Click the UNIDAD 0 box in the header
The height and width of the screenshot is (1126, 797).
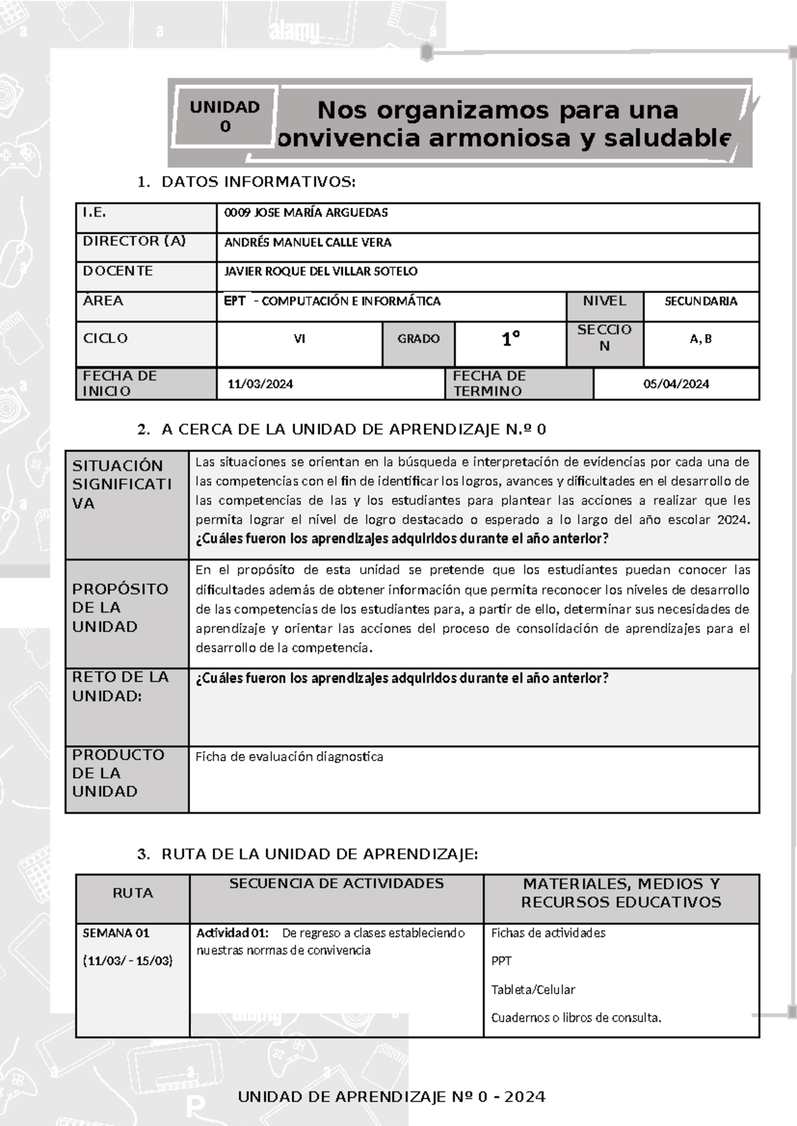(x=224, y=117)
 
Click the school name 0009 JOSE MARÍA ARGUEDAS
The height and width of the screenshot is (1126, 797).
(x=306, y=213)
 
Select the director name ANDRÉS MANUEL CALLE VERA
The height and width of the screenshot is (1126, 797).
(x=308, y=242)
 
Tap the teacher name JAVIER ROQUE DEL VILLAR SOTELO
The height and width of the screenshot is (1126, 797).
(x=321, y=272)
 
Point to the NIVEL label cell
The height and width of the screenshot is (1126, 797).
(x=604, y=301)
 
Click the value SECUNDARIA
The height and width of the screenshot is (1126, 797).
(x=701, y=301)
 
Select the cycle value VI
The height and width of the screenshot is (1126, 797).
(x=300, y=339)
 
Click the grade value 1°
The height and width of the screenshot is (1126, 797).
(x=510, y=340)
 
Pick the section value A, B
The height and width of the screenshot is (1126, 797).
(x=701, y=339)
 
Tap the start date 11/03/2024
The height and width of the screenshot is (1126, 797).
(x=260, y=384)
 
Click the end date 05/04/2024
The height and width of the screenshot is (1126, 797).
(x=676, y=384)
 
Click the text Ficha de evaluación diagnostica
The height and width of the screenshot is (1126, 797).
(x=289, y=757)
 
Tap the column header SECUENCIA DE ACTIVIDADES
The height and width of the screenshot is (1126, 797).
(x=336, y=884)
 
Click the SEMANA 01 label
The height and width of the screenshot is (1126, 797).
(x=116, y=933)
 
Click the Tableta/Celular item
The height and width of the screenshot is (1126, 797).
(x=533, y=990)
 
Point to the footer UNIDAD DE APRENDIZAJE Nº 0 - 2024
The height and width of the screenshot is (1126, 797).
(x=391, y=1097)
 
